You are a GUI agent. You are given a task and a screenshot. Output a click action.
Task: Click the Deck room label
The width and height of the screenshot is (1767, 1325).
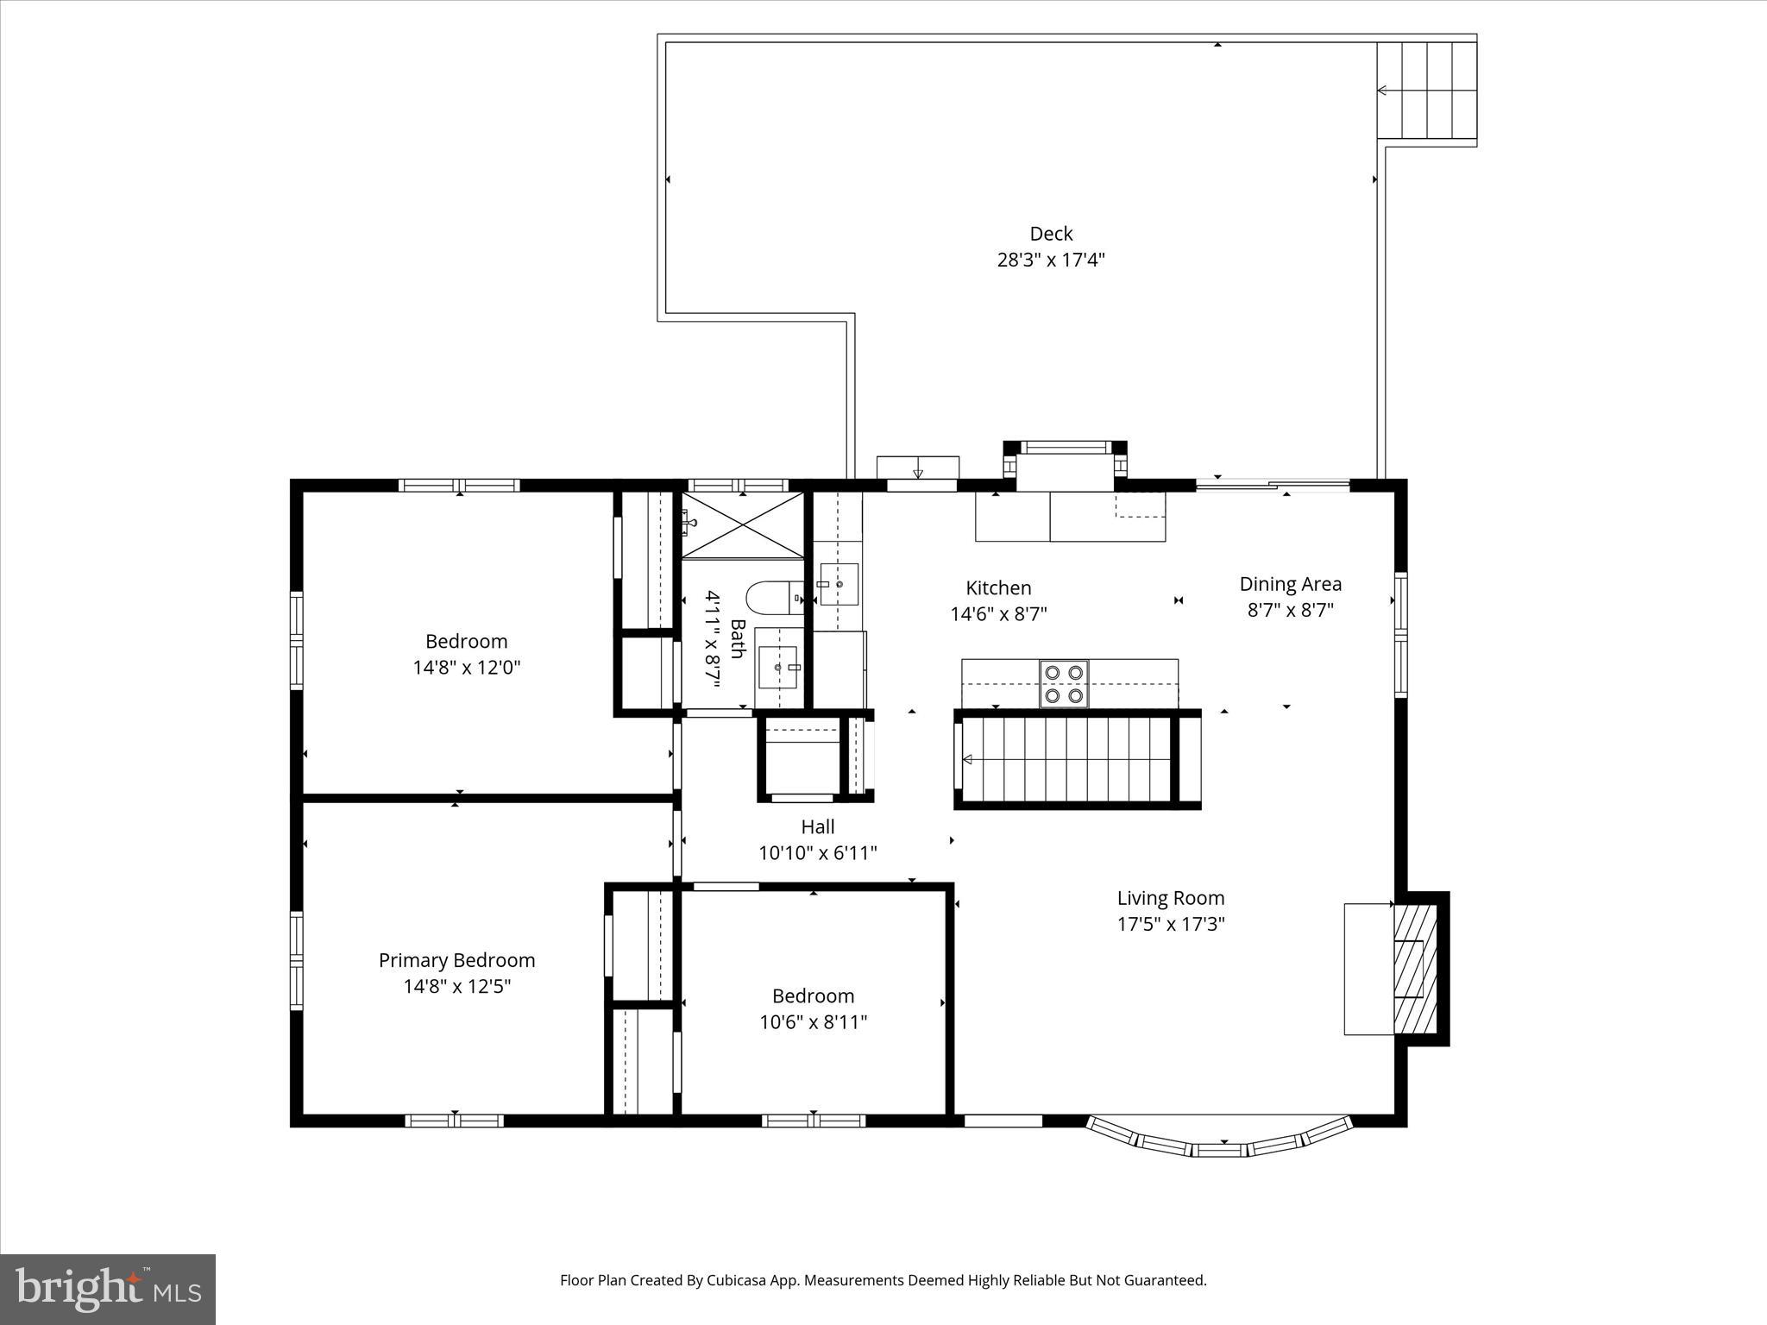1051,234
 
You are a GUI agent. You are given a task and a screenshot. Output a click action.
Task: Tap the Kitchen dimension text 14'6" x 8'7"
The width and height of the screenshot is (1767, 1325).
998,614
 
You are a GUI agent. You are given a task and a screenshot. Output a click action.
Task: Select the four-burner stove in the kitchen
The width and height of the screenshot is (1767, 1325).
1063,683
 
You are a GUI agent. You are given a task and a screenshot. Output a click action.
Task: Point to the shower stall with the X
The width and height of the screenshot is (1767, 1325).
742,524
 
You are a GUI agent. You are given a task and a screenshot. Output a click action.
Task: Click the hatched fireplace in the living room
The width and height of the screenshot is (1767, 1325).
1415,969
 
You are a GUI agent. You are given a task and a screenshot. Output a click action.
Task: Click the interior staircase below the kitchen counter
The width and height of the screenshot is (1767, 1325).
1066,759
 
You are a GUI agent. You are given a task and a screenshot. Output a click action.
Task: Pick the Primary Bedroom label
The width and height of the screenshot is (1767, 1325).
456,960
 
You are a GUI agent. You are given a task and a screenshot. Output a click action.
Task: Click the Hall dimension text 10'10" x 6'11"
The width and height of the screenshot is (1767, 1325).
817,853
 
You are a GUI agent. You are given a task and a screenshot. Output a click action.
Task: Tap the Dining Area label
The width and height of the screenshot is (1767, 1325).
1290,584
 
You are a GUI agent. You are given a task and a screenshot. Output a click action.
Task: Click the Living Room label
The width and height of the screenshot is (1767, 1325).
1170,898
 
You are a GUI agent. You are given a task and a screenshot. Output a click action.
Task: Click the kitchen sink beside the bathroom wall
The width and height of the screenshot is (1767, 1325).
838,584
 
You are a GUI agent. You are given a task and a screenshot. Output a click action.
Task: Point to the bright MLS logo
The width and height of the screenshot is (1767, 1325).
108,1289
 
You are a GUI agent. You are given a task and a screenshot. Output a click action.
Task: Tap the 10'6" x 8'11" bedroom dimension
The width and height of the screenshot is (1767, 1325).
813,1022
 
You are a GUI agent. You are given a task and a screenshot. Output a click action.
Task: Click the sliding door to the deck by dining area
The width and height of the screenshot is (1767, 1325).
1272,486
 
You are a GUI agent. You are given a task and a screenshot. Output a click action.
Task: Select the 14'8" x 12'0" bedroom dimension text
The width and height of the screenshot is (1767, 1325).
466,667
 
